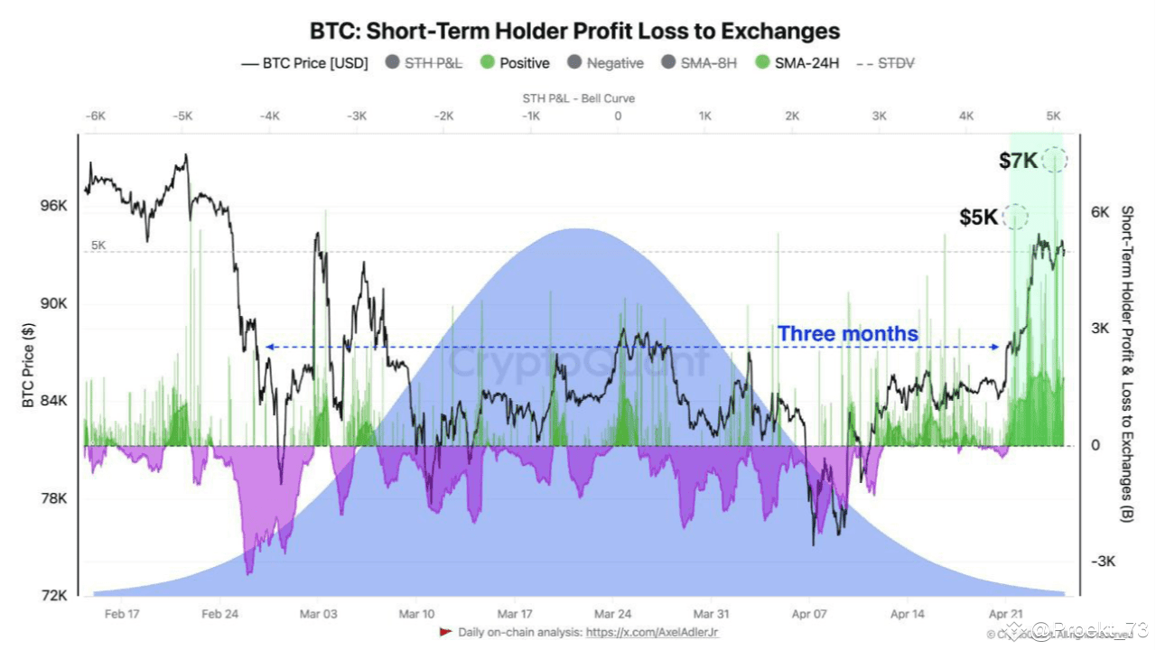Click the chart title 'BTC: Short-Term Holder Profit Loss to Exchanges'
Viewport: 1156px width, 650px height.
pyautogui.click(x=575, y=32)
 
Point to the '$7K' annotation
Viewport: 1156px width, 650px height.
pyautogui.click(x=1018, y=161)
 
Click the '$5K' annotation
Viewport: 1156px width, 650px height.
pyautogui.click(x=978, y=217)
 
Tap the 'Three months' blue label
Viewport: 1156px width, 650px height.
pyautogui.click(x=847, y=334)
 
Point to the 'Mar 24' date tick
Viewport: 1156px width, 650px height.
pyautogui.click(x=612, y=614)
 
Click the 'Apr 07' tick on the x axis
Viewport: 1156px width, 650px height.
pyautogui.click(x=809, y=614)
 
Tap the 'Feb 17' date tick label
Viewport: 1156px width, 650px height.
pyautogui.click(x=121, y=614)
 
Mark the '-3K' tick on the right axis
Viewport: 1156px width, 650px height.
pyautogui.click(x=1104, y=562)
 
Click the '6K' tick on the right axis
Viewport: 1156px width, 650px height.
pyautogui.click(x=1099, y=212)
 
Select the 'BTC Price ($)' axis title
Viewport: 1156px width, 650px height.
pyautogui.click(x=28, y=364)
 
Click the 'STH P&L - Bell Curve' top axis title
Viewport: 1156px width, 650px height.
pyautogui.click(x=578, y=97)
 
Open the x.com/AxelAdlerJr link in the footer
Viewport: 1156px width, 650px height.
pyautogui.click(x=652, y=633)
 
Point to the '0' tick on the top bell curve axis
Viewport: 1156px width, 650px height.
pyautogui.click(x=618, y=116)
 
